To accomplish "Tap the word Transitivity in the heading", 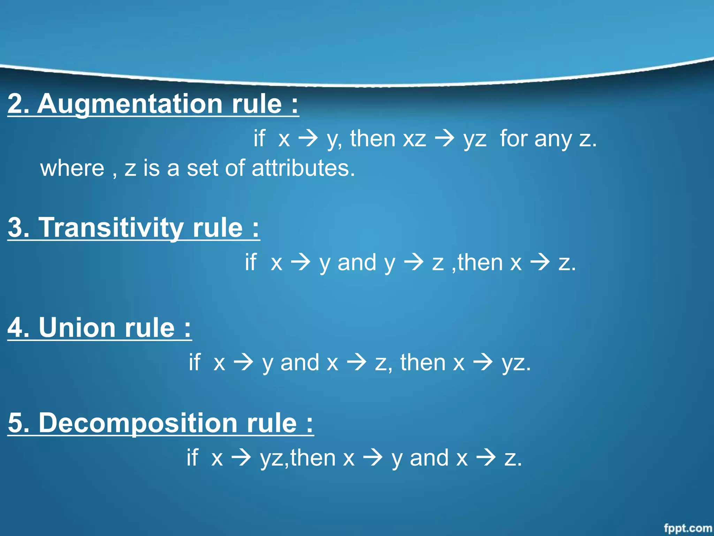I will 111,228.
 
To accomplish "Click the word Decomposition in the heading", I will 137,423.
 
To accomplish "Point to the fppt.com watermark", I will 688,528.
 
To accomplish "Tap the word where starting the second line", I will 72,168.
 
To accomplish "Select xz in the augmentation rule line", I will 414,139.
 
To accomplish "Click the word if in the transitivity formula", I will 251,262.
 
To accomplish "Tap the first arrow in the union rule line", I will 243,362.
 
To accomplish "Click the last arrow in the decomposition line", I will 486,457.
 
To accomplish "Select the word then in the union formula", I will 423,362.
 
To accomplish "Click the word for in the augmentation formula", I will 514,139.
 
